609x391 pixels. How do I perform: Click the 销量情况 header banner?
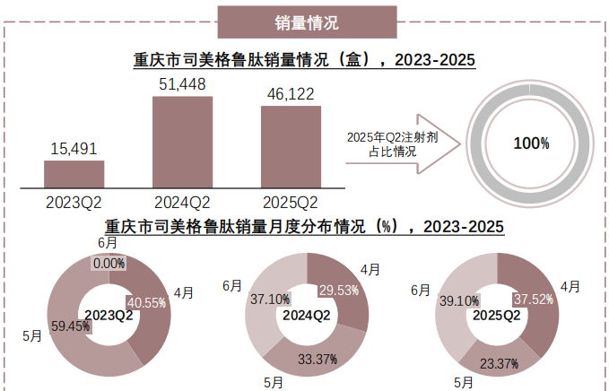(308, 22)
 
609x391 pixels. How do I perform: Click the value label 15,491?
(74, 149)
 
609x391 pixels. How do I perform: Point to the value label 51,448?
(182, 84)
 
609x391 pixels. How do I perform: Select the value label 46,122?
(291, 93)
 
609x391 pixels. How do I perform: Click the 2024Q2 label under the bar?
(182, 202)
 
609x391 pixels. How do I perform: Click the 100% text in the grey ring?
(531, 143)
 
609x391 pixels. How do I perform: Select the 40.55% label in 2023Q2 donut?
(147, 302)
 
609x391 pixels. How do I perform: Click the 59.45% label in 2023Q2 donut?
(72, 326)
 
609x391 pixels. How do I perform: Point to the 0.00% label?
(109, 263)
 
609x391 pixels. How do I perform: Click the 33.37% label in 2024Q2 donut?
(318, 360)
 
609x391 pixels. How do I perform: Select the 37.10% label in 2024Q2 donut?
(270, 299)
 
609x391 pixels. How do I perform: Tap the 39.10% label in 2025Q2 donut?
(457, 302)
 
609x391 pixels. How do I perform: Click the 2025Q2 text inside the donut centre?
(496, 315)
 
